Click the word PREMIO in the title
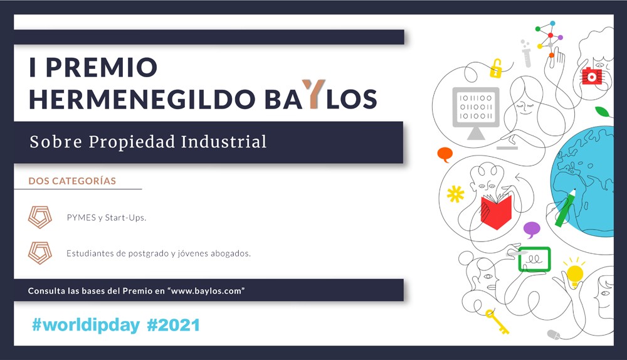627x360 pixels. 102,67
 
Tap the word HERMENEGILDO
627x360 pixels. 142,99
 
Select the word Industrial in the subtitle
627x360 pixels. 224,142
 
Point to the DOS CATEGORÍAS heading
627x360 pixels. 72,181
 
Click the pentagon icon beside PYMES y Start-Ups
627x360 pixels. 40,217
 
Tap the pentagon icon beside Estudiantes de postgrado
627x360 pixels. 40,253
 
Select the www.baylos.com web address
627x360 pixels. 208,291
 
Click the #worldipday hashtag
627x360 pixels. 86,325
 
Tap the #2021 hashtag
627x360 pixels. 174,325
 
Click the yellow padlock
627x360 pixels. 496,69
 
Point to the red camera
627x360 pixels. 591,76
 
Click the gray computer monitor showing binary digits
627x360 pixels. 476,113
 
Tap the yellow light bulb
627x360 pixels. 574,274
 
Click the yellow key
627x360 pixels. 497,322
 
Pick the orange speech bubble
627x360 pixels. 445,154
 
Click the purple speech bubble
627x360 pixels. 532,230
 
